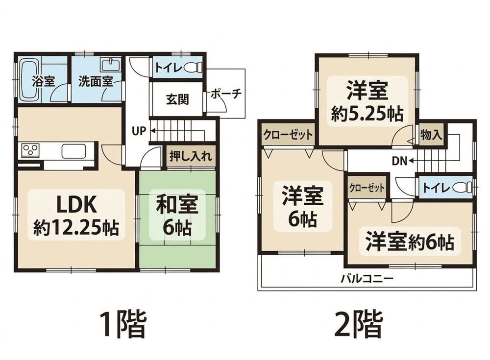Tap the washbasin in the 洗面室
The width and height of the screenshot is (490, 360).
point(110,65)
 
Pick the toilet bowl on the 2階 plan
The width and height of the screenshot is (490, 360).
point(462,188)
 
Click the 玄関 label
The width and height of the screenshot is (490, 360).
point(177,99)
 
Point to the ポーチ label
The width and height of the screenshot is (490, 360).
point(226,94)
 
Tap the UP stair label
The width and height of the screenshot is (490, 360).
point(139,131)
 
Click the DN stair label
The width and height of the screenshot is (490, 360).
point(399,161)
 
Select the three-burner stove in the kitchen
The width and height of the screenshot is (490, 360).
point(30,149)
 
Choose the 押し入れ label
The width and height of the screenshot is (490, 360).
point(190,156)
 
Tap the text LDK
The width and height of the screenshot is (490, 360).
point(76,205)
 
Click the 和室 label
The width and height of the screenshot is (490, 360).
point(177,204)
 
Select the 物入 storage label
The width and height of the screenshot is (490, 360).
point(431,135)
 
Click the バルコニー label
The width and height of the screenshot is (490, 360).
point(367,278)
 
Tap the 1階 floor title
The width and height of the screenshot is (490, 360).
point(123,324)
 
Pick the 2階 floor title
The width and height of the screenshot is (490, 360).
point(359,324)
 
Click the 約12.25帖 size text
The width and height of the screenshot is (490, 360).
point(76,227)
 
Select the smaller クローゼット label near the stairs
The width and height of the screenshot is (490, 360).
point(367,188)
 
